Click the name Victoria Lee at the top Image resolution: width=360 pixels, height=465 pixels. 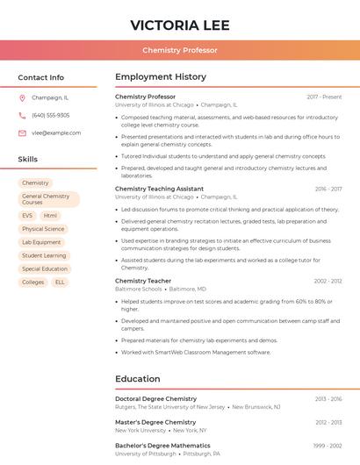[x=180, y=24]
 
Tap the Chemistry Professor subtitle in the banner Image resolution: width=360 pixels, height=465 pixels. [x=180, y=50]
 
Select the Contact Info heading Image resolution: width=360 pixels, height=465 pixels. [x=41, y=77]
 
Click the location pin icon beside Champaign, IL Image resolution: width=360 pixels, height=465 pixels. [x=22, y=97]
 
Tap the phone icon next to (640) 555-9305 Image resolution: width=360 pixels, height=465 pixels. [x=22, y=115]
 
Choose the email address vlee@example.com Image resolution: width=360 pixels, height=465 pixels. [x=56, y=132]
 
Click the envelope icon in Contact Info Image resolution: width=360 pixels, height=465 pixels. [x=22, y=132]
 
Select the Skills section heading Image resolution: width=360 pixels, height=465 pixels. [x=28, y=159]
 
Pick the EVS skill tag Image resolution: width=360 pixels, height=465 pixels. [x=27, y=215]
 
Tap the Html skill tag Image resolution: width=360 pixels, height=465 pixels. [x=50, y=215]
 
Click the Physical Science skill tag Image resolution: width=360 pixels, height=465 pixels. [x=43, y=229]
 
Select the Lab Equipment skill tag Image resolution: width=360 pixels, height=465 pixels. [x=41, y=242]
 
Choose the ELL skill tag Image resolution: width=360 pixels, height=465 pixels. [x=60, y=283]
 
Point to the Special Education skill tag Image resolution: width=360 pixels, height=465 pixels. [x=45, y=268]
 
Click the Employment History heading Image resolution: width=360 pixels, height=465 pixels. [x=161, y=77]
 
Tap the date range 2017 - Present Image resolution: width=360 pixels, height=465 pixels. [x=324, y=97]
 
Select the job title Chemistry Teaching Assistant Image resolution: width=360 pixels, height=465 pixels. [x=159, y=189]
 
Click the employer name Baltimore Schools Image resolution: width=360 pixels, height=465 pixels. [x=139, y=289]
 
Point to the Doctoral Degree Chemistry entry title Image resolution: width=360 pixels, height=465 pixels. [x=155, y=398]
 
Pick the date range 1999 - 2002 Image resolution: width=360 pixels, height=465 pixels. [x=328, y=446]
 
